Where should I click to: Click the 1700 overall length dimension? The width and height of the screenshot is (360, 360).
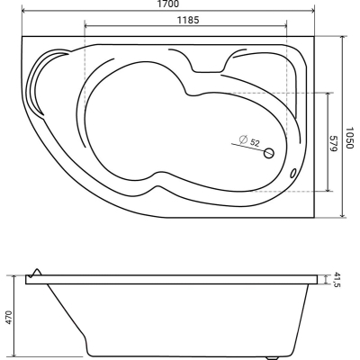(x=167, y=4)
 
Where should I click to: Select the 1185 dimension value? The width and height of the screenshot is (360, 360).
(x=188, y=20)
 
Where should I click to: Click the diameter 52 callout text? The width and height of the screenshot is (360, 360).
(x=249, y=141)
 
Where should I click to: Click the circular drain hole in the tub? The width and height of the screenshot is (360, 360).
(x=269, y=153)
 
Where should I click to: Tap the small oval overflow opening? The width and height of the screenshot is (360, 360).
(x=292, y=173)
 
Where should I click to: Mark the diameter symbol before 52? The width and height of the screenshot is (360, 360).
(x=243, y=139)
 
